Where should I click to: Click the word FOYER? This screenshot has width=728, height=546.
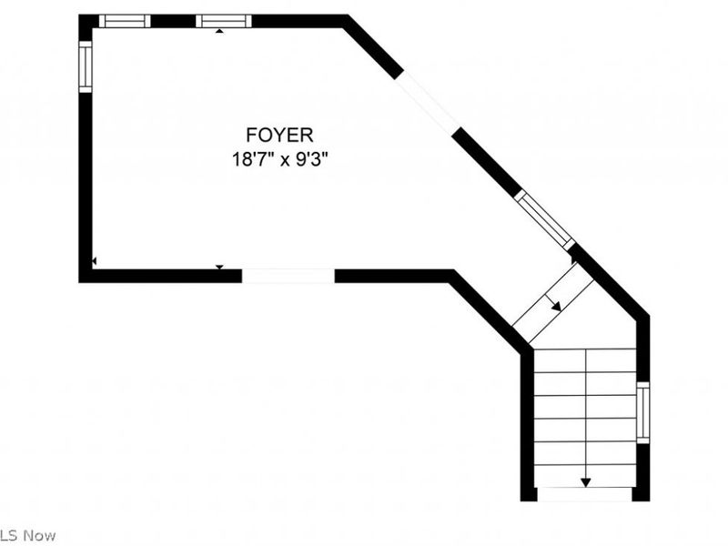click(x=279, y=135)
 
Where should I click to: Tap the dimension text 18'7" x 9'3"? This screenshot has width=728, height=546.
click(x=280, y=160)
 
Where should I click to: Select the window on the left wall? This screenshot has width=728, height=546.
click(x=86, y=66)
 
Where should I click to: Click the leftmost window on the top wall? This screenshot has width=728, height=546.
click(x=125, y=21)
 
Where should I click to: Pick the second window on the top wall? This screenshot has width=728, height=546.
click(x=223, y=21)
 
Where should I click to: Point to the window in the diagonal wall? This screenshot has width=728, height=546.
click(x=544, y=220)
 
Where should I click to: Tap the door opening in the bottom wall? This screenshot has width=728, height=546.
click(x=288, y=276)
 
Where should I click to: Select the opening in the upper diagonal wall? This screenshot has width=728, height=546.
click(x=428, y=102)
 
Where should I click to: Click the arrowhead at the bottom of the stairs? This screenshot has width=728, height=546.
click(x=586, y=482)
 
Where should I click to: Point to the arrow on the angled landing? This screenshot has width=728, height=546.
click(x=553, y=302)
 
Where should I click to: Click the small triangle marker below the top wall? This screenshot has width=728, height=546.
click(x=219, y=31)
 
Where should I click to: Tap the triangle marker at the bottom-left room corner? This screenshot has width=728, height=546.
click(x=95, y=262)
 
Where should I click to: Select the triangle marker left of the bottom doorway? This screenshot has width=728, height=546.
click(x=219, y=267)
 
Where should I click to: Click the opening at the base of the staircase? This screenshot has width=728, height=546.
click(x=584, y=494)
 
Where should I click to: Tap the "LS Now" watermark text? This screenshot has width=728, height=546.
click(x=28, y=535)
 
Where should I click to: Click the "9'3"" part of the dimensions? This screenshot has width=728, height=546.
click(x=312, y=160)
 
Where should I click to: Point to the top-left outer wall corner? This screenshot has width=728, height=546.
click(x=79, y=15)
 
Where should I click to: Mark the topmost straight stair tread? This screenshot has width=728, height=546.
click(x=585, y=360)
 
